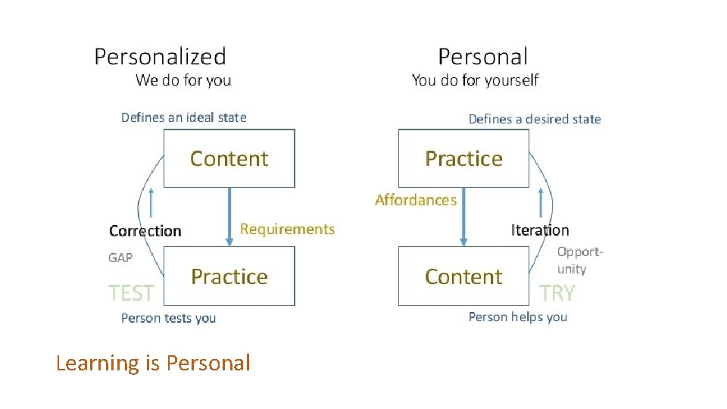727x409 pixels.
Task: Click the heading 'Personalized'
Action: [x=160, y=56]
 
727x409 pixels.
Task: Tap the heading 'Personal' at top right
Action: [x=482, y=56]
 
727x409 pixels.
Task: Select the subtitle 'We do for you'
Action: [x=183, y=80]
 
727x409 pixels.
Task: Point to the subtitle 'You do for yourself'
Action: [x=475, y=80]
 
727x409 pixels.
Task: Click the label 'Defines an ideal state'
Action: [x=184, y=117]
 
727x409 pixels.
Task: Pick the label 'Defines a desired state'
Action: [x=535, y=119]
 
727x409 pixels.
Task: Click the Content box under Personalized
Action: [x=229, y=158]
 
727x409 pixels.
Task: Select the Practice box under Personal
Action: [x=463, y=158]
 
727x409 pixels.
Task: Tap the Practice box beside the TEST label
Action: [x=229, y=276]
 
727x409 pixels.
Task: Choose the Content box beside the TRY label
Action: [x=463, y=276]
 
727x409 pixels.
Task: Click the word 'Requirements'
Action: [x=287, y=229]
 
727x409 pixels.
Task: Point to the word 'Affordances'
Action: [x=416, y=200]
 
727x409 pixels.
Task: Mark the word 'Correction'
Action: [x=145, y=231]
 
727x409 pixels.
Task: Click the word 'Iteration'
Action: [x=540, y=230]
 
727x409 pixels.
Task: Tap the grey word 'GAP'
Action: [x=120, y=258]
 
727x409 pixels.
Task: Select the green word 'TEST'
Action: [x=131, y=292]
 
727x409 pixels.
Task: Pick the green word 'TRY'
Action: [x=557, y=292]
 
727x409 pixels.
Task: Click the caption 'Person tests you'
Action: [x=168, y=318]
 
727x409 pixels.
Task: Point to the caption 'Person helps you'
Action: [x=518, y=317]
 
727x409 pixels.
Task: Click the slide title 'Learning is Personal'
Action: [x=153, y=364]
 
